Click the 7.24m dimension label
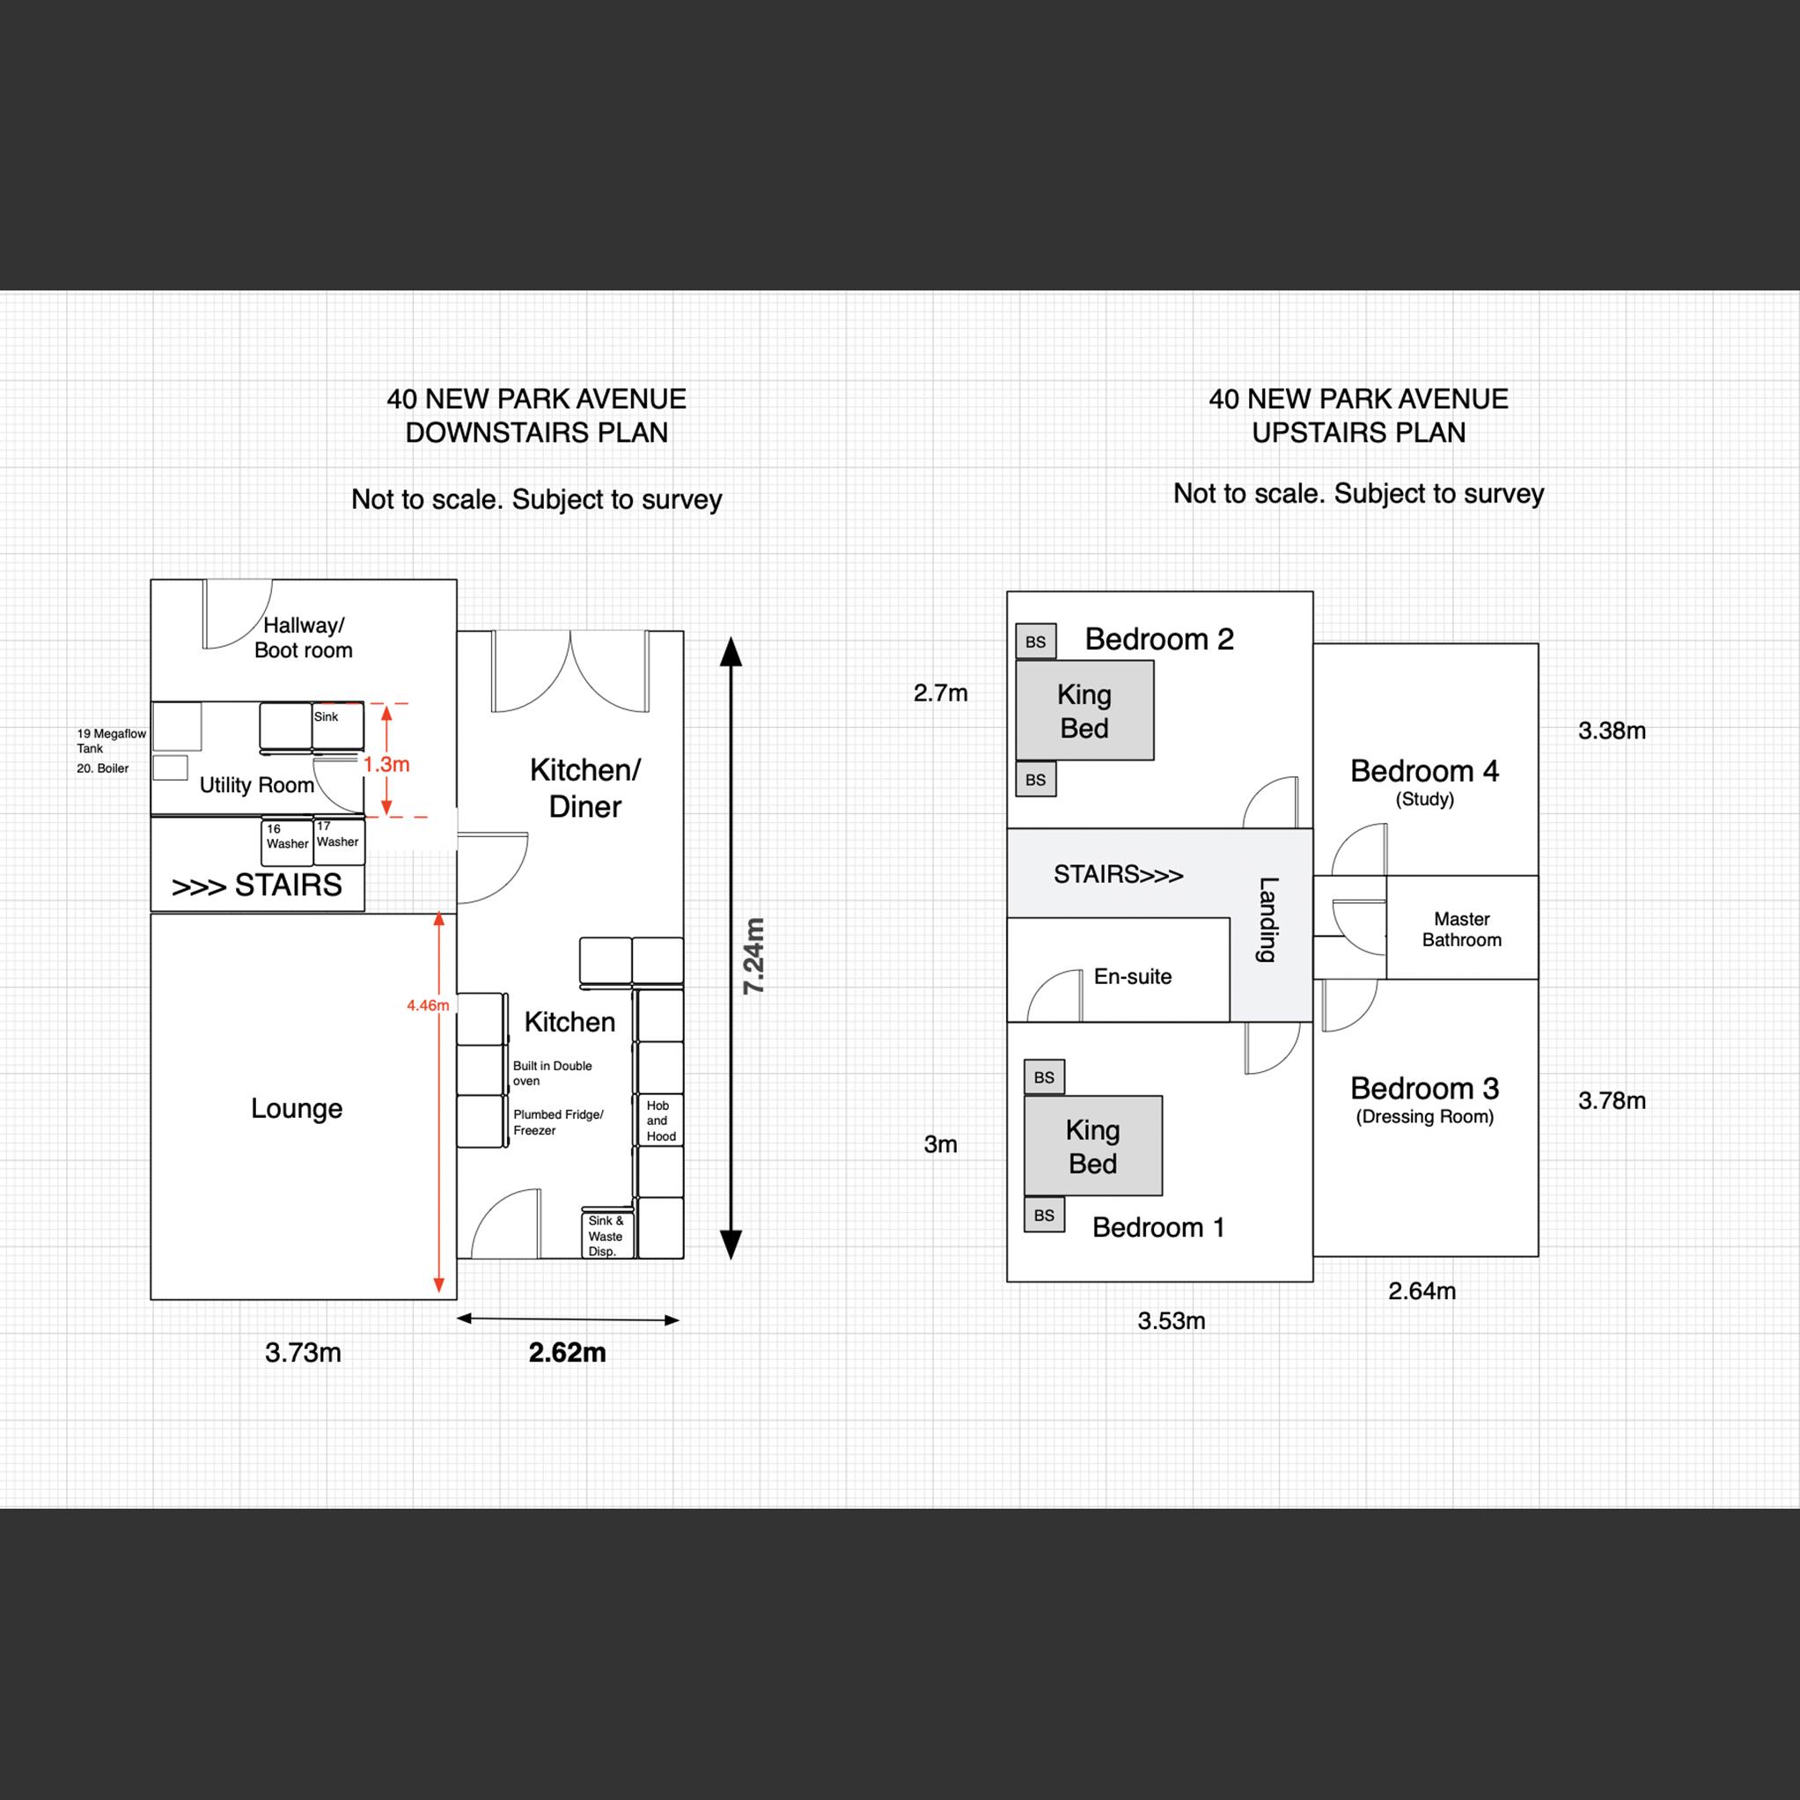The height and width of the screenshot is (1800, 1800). tap(753, 956)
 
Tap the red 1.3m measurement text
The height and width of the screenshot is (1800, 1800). tap(386, 764)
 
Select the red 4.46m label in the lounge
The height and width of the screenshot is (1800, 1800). tap(428, 1005)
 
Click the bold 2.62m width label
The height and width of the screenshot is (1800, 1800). tap(567, 1352)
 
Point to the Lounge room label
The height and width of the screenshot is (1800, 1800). tap(297, 1108)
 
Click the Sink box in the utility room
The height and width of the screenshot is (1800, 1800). tap(337, 727)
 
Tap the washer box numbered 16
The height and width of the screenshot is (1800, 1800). tap(286, 841)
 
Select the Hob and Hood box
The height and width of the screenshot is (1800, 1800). tap(659, 1120)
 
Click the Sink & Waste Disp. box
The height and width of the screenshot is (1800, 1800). tap(606, 1236)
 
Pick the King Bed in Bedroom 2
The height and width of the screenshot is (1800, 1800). tap(1084, 711)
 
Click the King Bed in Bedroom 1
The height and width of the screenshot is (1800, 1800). tap(1092, 1146)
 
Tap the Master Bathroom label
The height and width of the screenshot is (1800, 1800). tap(1461, 929)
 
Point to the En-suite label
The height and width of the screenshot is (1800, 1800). tap(1132, 976)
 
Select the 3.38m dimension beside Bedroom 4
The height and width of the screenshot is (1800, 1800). tap(1611, 731)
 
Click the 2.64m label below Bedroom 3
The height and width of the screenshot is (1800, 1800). tap(1421, 1290)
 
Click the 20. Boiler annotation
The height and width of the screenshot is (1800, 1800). tap(102, 768)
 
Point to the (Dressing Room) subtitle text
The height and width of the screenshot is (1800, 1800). tap(1423, 1116)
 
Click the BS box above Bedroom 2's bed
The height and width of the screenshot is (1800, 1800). tap(1035, 642)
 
